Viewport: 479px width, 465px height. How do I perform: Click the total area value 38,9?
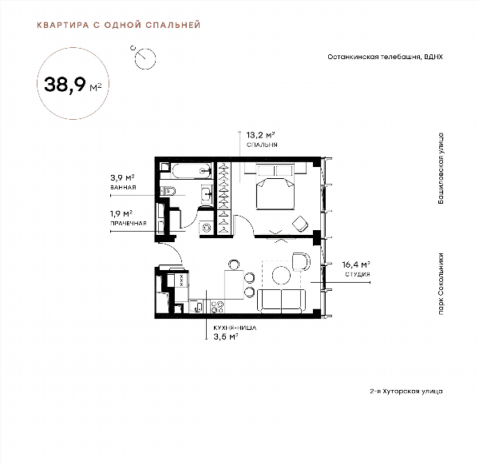tap(65, 84)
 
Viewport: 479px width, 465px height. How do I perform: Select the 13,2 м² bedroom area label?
tap(260, 135)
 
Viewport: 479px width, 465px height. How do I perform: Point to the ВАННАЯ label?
tap(123, 187)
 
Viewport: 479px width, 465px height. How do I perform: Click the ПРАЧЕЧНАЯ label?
tap(129, 223)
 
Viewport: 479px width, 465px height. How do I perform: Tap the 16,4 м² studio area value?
tap(356, 264)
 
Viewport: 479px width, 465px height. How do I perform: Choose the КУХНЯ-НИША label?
tap(235, 328)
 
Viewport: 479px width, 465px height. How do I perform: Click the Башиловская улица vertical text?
tap(440, 169)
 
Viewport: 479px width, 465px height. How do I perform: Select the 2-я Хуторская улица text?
tap(406, 391)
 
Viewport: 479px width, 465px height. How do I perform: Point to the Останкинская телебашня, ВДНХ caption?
tap(386, 57)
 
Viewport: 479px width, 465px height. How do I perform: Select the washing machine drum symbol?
tap(207, 228)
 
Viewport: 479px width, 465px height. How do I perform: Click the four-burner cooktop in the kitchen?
tap(217, 307)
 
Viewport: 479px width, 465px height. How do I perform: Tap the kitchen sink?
tap(196, 306)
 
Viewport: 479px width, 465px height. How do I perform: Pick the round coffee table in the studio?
tap(281, 276)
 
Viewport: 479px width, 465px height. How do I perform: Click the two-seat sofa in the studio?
tap(281, 301)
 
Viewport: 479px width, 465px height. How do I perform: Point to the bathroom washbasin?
tap(207, 193)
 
